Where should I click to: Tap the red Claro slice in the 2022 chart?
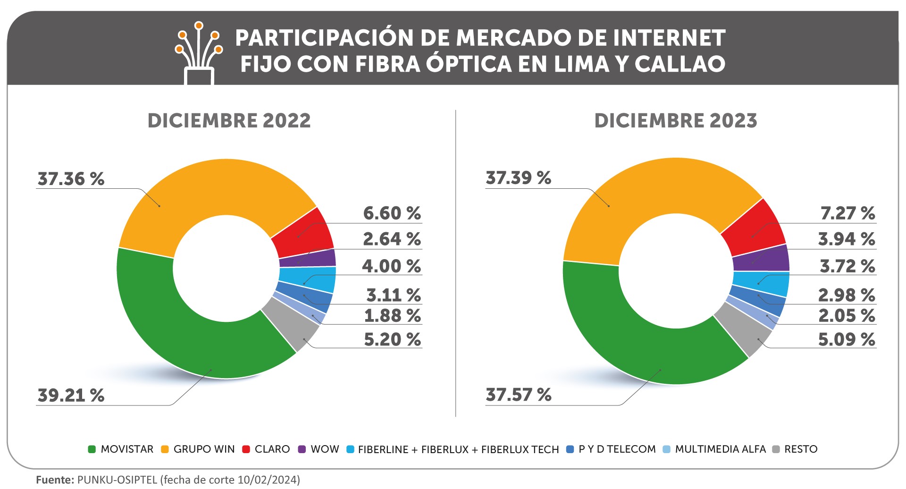[302, 231]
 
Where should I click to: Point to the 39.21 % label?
[71, 395]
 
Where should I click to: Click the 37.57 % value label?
[518, 395]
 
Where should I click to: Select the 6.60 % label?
[392, 213]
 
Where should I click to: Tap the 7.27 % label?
[847, 213]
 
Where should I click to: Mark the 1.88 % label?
[392, 315]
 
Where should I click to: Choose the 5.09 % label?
[847, 339]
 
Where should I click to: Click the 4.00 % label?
[391, 266]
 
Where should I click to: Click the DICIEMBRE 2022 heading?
[229, 121]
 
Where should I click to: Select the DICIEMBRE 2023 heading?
[675, 121]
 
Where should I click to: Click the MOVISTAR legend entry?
[121, 449]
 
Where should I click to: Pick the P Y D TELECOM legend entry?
[611, 449]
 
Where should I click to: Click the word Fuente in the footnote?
[55, 480]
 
